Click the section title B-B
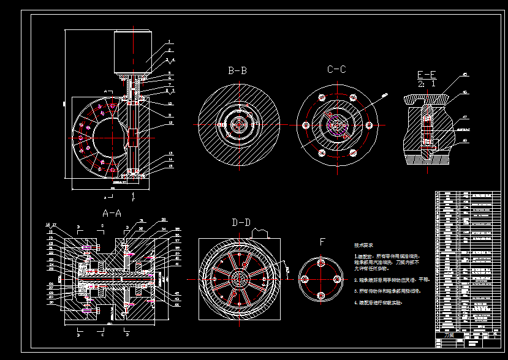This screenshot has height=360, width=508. tap(237, 71)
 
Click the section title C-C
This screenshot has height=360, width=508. tap(336, 70)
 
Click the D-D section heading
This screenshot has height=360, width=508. tap(241, 222)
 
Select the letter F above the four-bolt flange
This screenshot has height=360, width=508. tap(322, 242)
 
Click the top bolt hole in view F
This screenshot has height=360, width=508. tap(320, 263)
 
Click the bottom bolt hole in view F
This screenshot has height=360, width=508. tap(320, 296)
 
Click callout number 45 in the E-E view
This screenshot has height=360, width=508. tap(465, 75)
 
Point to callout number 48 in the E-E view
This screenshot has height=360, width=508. tap(465, 141)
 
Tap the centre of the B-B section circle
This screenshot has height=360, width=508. tap(237, 124)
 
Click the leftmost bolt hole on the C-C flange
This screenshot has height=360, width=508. tap(305, 125)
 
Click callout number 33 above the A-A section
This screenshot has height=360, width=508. tap(164, 220)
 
